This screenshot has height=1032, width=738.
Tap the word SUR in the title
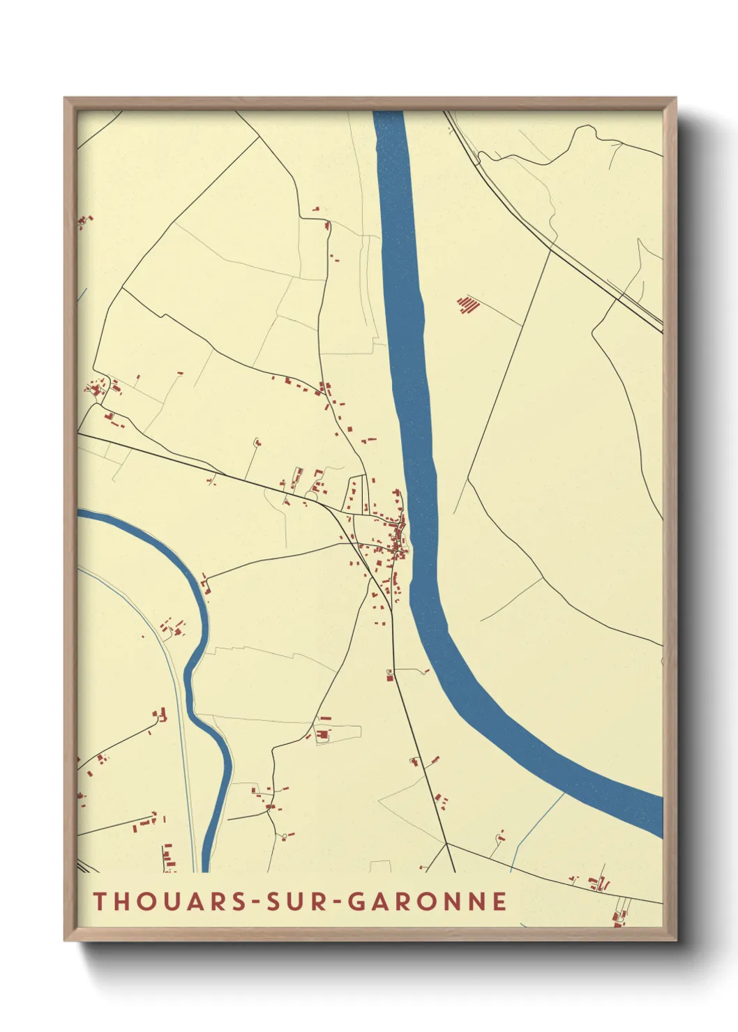(292, 901)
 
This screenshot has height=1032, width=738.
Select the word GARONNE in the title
(427, 901)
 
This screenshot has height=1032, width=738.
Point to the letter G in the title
(355, 901)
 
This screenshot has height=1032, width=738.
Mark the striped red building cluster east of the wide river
(469, 304)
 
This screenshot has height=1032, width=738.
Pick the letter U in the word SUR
(292, 901)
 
